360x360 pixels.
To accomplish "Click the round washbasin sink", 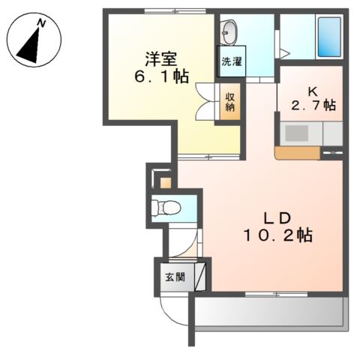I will point(229,33).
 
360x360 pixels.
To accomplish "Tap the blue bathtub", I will point(330,35).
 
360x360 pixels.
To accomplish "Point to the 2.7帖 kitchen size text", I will point(313,106).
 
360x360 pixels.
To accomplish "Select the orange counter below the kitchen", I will point(297,153).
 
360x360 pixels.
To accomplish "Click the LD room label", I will point(277,218).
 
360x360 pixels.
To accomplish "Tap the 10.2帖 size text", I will point(277,236).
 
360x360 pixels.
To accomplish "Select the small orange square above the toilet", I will point(165,182).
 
